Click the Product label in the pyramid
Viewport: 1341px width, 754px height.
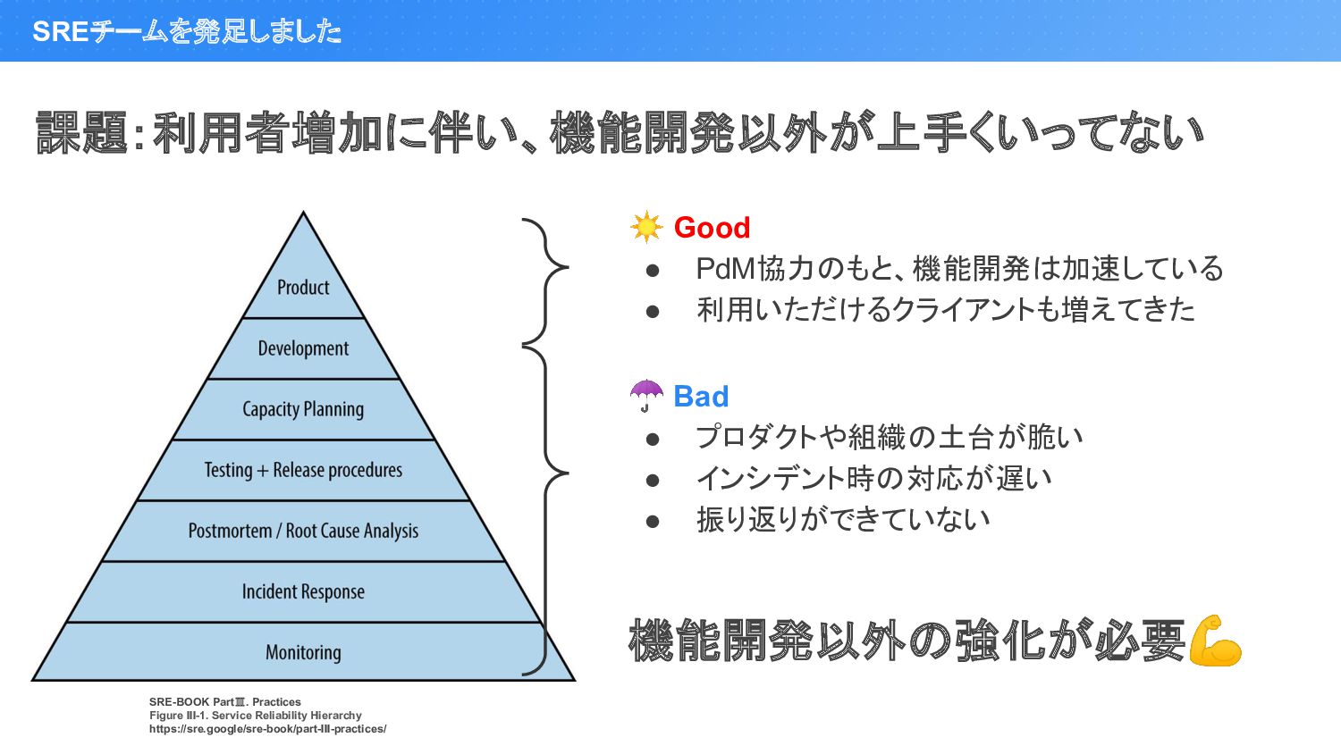[x=303, y=288]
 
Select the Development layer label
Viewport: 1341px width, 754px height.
[x=303, y=348]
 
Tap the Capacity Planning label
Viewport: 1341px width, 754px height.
[x=303, y=409]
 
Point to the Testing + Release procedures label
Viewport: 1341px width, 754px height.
[x=303, y=470]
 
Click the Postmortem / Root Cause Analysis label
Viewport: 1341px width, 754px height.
[x=303, y=531]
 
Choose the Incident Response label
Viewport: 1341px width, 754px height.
[x=303, y=591]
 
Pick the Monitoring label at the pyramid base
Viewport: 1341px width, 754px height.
[x=303, y=652]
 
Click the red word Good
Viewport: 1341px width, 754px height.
[x=712, y=228]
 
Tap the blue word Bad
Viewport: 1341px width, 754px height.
[x=701, y=397]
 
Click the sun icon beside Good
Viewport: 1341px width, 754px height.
[x=645, y=227]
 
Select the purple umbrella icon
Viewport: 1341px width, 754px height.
[x=646, y=395]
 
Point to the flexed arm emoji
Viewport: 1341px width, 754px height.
[x=1215, y=641]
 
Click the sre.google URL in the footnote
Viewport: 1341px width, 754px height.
[x=267, y=729]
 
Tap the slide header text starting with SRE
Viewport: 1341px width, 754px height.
[x=187, y=31]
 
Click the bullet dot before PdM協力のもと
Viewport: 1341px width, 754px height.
[x=653, y=270]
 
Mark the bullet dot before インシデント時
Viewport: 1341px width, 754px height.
[x=653, y=480]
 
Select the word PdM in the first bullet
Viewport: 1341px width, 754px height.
[x=726, y=269]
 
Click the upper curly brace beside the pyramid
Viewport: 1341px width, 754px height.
[x=545, y=280]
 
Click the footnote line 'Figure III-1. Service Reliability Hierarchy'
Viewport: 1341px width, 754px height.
[x=256, y=716]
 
